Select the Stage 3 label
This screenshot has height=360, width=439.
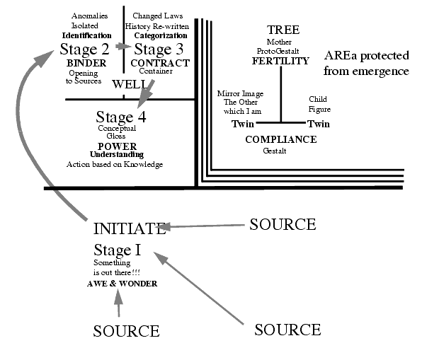(x=159, y=49)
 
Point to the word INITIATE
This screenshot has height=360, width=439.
(x=129, y=228)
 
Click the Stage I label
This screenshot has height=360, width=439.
(x=117, y=249)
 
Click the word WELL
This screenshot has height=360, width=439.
(x=129, y=85)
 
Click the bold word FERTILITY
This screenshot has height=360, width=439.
(x=280, y=61)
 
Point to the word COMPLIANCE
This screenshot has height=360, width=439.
(x=280, y=139)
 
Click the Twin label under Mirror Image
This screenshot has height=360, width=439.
(x=243, y=124)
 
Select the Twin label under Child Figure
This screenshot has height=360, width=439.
(x=320, y=124)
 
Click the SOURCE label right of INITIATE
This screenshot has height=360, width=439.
(x=282, y=224)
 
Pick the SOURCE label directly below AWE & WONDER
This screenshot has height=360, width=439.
(x=126, y=330)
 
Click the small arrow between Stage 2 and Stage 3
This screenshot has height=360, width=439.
(x=124, y=47)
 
